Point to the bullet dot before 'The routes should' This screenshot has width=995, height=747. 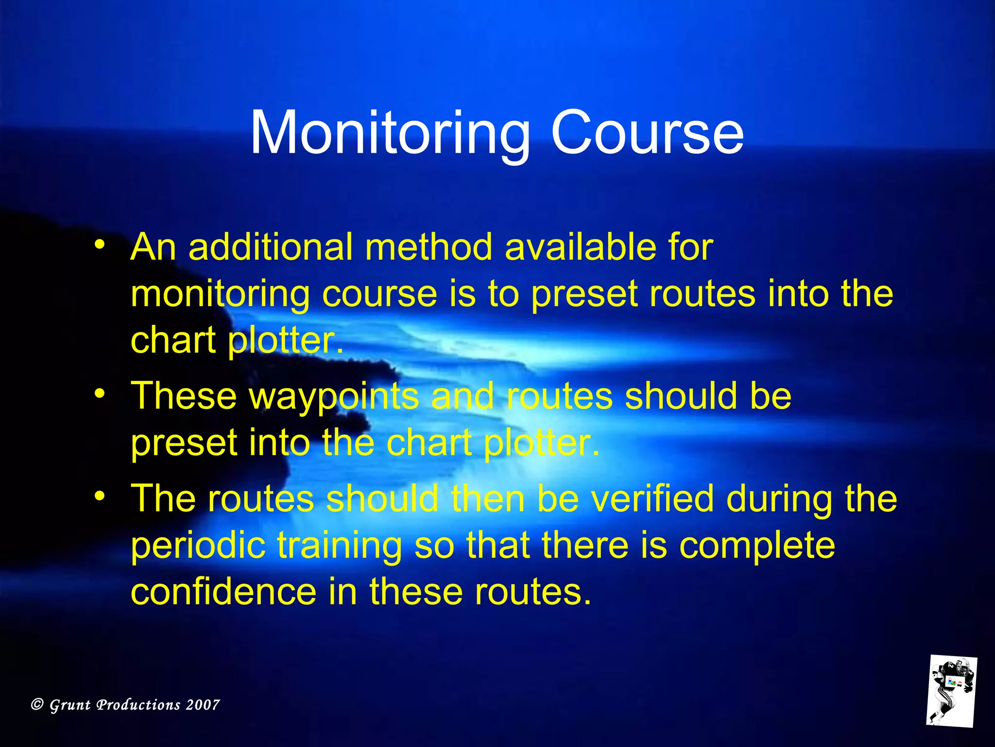click(100, 496)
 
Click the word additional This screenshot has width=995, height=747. click(270, 247)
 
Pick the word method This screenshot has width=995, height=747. click(429, 247)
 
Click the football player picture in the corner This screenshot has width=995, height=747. click(951, 691)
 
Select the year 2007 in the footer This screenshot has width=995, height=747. click(203, 705)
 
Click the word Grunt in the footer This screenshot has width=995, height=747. click(70, 705)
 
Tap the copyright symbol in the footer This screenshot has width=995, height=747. click(37, 704)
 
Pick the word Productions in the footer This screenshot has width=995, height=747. click(138, 705)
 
